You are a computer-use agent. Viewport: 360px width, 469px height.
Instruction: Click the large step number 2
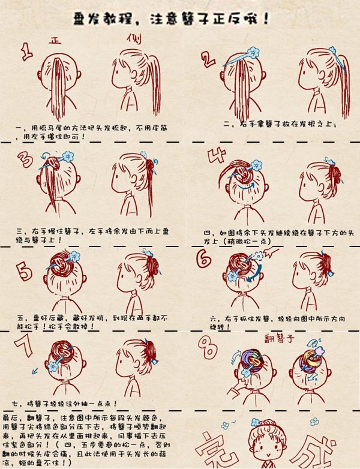208,58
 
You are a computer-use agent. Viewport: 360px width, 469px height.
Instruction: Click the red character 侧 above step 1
133,38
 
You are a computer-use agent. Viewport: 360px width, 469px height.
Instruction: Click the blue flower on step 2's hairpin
253,52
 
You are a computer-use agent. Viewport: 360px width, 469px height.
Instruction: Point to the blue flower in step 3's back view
67,157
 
